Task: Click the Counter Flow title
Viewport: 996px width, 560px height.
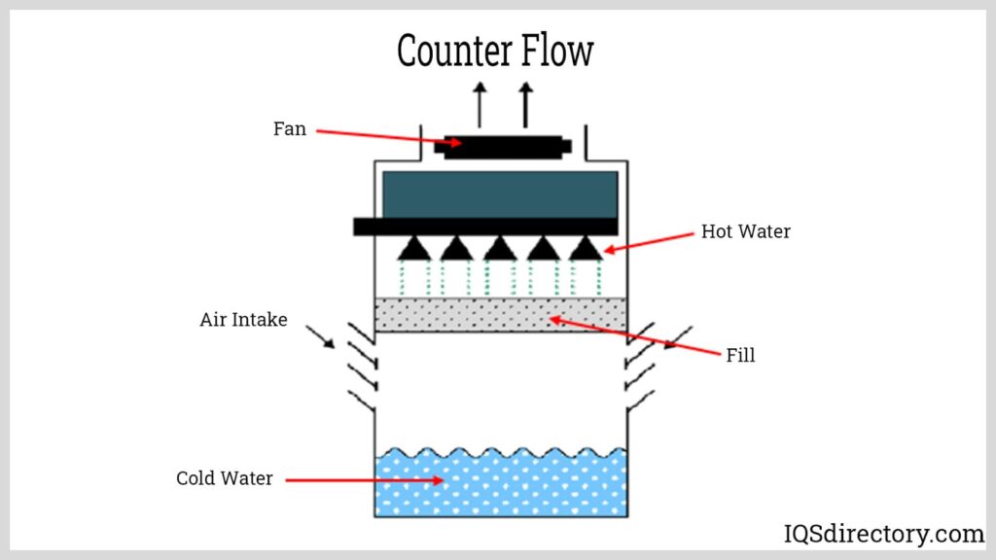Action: [x=495, y=51]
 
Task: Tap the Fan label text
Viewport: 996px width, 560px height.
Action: [x=289, y=128]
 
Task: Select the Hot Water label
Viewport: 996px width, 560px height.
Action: [x=746, y=231]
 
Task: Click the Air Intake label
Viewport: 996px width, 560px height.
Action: [x=243, y=319]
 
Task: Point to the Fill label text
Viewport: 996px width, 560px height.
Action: [x=740, y=355]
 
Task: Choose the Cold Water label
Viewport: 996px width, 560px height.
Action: [x=224, y=478]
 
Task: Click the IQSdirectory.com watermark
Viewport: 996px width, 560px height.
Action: [x=883, y=533]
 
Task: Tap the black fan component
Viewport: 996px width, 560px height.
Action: [x=502, y=147]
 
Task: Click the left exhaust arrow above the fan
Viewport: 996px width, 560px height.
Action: [x=479, y=104]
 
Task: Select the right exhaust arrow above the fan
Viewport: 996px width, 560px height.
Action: [x=525, y=104]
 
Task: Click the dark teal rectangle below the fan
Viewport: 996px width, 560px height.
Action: [x=500, y=194]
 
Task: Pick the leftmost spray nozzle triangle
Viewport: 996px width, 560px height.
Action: [x=414, y=249]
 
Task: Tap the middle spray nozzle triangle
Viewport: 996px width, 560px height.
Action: [x=500, y=249]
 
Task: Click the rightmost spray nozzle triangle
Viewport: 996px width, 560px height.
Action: [x=584, y=249]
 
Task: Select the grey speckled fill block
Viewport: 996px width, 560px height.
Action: [x=500, y=315]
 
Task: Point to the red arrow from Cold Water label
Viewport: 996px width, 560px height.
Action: [x=365, y=479]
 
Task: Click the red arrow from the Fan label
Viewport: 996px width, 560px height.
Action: [x=389, y=137]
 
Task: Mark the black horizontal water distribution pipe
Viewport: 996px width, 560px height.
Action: [x=485, y=227]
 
